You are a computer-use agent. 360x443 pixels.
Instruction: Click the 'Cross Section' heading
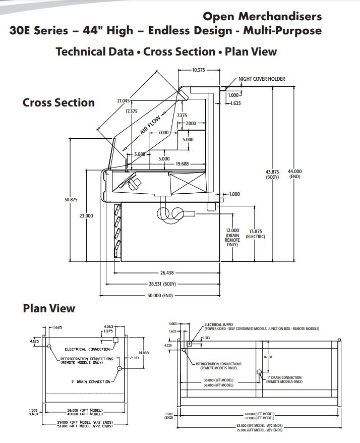[x=58, y=102]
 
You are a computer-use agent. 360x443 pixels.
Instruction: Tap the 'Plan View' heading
[x=49, y=308]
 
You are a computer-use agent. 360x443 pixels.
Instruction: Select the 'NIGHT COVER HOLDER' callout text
[x=262, y=79]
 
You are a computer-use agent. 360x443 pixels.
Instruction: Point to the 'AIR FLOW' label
[x=150, y=125]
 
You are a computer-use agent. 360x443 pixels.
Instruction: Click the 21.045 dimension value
[x=124, y=101]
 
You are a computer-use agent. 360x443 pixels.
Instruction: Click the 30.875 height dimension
[x=71, y=200]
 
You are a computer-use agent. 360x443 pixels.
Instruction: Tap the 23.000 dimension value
[x=86, y=216]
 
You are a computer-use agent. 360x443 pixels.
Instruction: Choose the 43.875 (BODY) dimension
[x=272, y=175]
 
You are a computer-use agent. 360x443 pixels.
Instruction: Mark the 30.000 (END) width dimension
[x=160, y=295]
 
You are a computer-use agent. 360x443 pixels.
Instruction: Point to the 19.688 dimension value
[x=182, y=163]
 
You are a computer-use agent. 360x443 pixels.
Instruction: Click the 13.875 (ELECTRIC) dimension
[x=255, y=233]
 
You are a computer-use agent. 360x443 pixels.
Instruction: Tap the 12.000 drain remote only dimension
[x=232, y=237]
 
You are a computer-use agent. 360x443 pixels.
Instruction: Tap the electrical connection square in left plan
[x=115, y=341]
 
